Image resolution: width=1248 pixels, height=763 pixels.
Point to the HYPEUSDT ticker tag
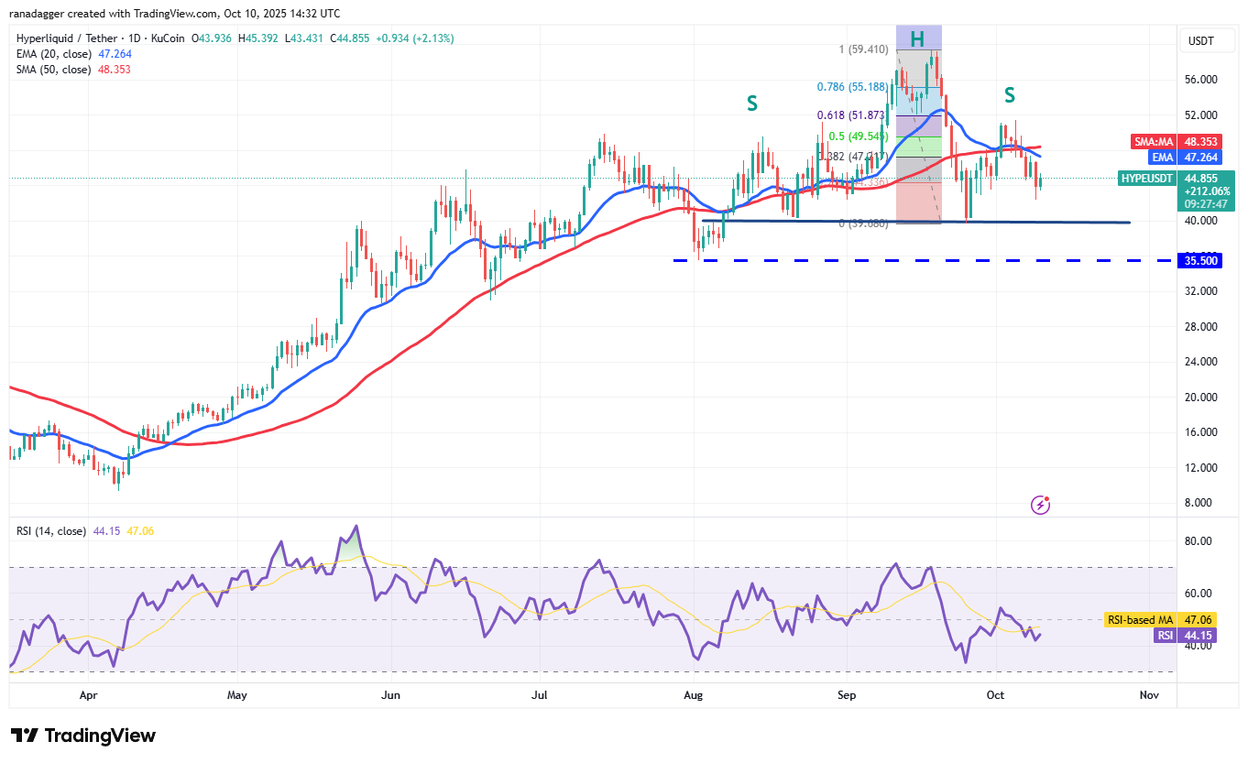(x=1146, y=179)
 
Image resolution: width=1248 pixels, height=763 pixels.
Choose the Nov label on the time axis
(x=1149, y=695)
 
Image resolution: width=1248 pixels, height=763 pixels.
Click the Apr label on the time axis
(x=88, y=695)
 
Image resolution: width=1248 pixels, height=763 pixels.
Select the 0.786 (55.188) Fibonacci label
(x=851, y=88)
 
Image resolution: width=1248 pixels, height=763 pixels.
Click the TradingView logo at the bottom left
(x=83, y=736)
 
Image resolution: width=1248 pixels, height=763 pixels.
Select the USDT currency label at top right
(x=1201, y=40)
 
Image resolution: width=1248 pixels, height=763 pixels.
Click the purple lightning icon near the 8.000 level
(x=1040, y=504)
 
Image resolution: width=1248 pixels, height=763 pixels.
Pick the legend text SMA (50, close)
(x=53, y=70)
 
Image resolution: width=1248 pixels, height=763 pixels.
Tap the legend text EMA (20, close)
(x=53, y=54)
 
